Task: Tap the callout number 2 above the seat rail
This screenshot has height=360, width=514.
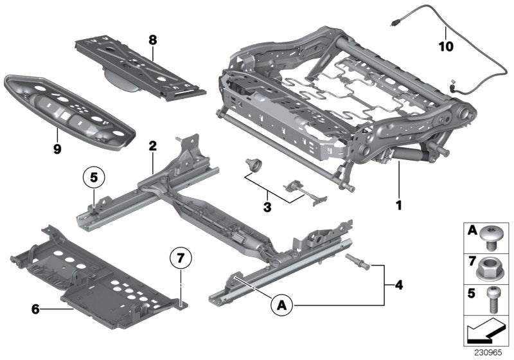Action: tap(152, 147)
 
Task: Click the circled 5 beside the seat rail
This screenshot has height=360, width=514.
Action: tap(94, 176)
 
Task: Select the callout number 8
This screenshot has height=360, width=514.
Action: tap(152, 39)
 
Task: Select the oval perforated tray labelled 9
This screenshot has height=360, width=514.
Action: tap(69, 108)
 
